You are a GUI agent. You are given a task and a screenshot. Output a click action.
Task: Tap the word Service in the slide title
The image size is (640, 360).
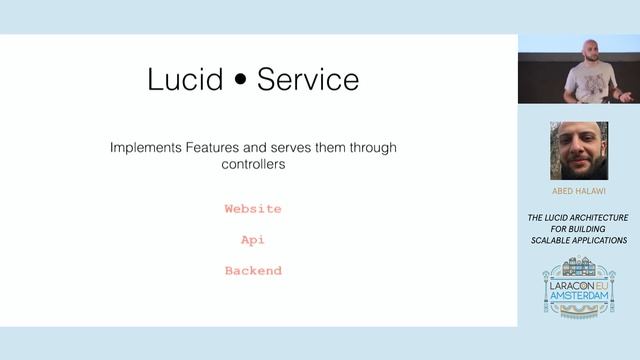point(308,80)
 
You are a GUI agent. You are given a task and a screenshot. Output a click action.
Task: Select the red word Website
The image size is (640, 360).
point(253,209)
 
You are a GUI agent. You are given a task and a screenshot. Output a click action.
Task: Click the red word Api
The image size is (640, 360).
point(253,240)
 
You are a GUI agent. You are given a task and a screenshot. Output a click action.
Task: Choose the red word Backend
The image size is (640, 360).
point(253,271)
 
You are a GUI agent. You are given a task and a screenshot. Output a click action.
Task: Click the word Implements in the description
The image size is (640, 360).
point(146,148)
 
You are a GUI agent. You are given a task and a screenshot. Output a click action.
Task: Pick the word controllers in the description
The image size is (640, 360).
point(254,165)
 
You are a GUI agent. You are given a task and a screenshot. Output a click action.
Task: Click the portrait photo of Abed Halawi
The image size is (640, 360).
point(578,150)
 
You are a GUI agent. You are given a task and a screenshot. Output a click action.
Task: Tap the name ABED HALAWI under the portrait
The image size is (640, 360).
point(578,191)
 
